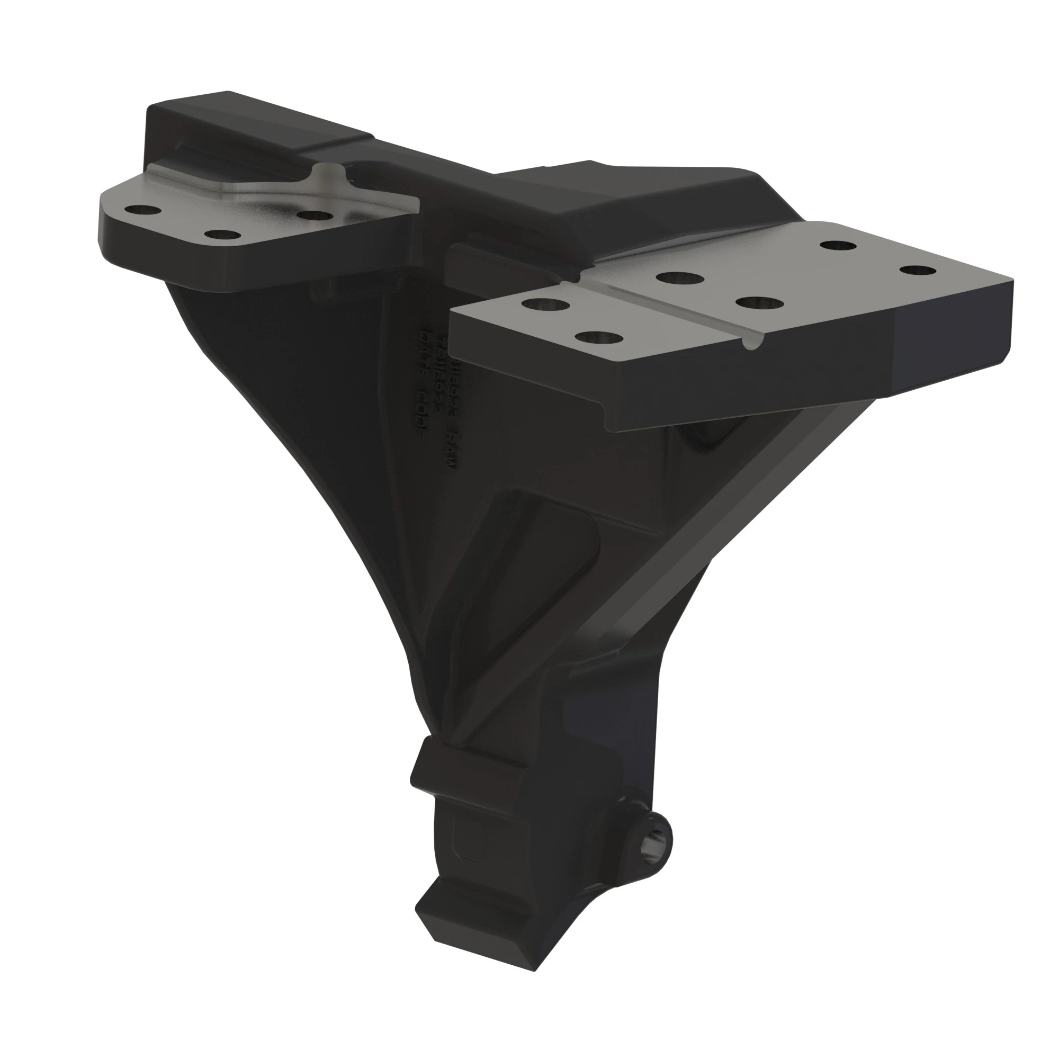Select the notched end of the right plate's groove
(752, 342)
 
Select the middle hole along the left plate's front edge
(222, 235)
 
